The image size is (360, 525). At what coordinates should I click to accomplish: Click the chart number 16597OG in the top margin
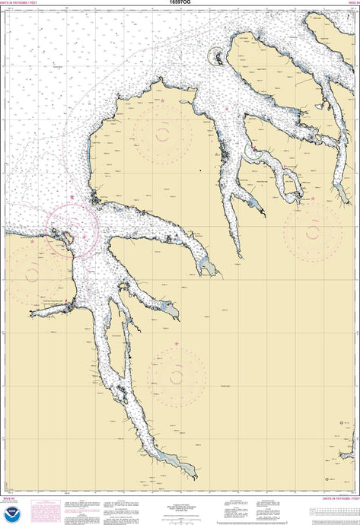click(180, 4)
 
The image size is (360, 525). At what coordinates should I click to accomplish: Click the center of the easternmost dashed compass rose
click(312, 231)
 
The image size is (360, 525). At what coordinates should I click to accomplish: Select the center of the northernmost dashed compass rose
click(162, 134)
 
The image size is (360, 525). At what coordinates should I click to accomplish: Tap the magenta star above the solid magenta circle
click(72, 197)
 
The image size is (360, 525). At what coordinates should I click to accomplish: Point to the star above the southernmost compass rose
click(177, 344)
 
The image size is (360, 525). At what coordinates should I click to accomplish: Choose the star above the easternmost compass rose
click(312, 199)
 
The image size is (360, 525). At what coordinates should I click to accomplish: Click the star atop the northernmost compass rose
click(162, 101)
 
